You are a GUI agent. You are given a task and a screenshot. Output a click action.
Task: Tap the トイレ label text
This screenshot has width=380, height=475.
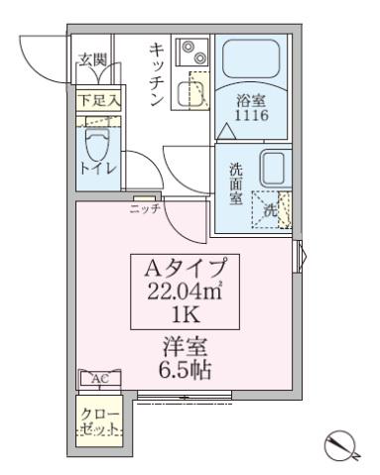coord(97,170)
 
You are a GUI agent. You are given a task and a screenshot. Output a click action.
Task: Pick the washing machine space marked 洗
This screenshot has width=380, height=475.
coord(270,209)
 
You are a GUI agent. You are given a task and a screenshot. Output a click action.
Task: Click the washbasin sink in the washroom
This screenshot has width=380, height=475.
coord(272,168)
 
